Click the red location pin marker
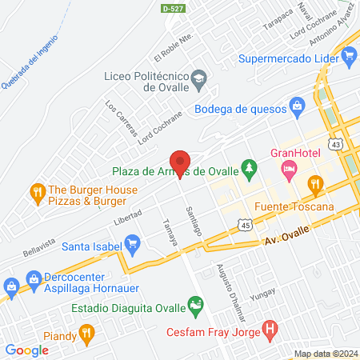pos(180,158)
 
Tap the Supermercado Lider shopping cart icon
pos(348,58)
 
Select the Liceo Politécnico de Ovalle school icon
pos(198,79)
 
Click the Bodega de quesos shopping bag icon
pos(298,105)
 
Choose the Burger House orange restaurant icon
pos(36,191)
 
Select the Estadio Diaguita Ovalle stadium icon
pos(194,304)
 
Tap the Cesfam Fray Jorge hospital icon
pos(270,328)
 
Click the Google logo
pos(26,350)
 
